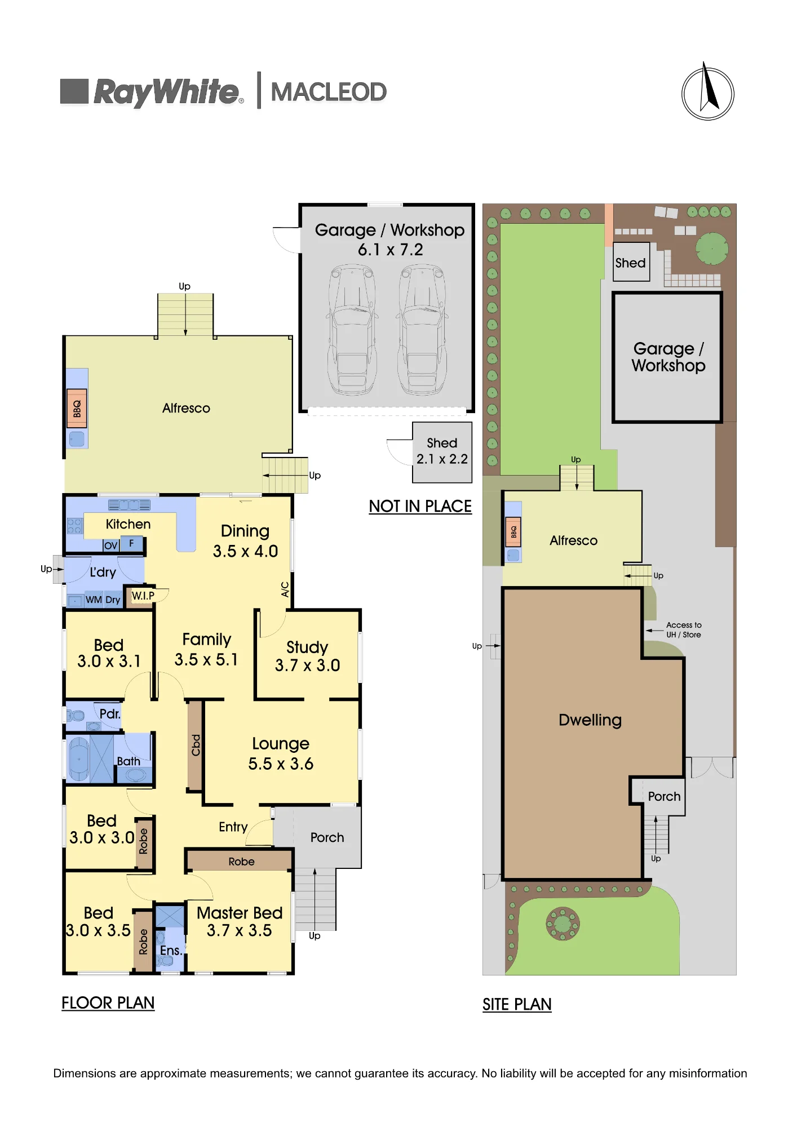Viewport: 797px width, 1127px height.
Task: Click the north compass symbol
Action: (708, 92)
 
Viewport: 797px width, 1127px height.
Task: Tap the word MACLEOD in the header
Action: (329, 92)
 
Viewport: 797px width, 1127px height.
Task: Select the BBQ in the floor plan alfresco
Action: (77, 408)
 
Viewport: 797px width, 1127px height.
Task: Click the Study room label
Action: (307, 647)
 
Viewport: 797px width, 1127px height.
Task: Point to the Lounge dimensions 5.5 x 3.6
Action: (281, 764)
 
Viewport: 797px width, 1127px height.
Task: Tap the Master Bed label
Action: (240, 912)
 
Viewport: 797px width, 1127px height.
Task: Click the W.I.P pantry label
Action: (143, 596)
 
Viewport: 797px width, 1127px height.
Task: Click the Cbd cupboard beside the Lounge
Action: (195, 744)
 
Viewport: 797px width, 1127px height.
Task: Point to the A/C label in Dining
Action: (285, 589)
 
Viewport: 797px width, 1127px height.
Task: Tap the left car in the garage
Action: (352, 330)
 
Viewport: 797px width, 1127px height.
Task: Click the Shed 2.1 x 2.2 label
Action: (442, 451)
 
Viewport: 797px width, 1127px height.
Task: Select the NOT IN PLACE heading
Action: (420, 506)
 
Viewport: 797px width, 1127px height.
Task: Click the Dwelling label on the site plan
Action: (590, 720)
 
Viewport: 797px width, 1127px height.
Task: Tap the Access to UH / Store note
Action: (684, 629)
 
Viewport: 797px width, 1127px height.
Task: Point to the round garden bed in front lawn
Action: (563, 924)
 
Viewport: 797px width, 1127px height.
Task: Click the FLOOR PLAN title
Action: (108, 1002)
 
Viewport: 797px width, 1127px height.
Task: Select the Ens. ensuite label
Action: (171, 951)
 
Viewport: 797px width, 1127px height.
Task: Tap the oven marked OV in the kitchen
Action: (111, 545)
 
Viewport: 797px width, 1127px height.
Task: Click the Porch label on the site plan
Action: (664, 796)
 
